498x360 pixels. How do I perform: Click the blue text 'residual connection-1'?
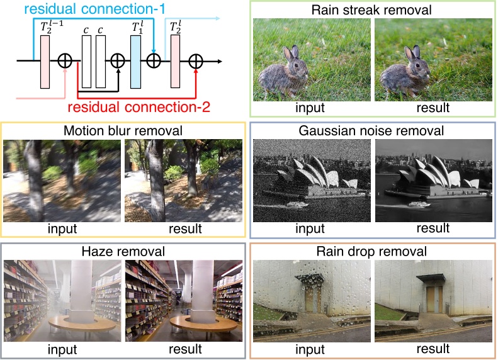click(x=96, y=10)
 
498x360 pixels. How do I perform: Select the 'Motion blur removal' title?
click(x=123, y=131)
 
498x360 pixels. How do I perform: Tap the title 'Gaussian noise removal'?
click(x=372, y=131)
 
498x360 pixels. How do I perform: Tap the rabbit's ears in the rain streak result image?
click(x=412, y=54)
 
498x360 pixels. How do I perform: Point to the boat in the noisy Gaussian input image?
click(x=297, y=204)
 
